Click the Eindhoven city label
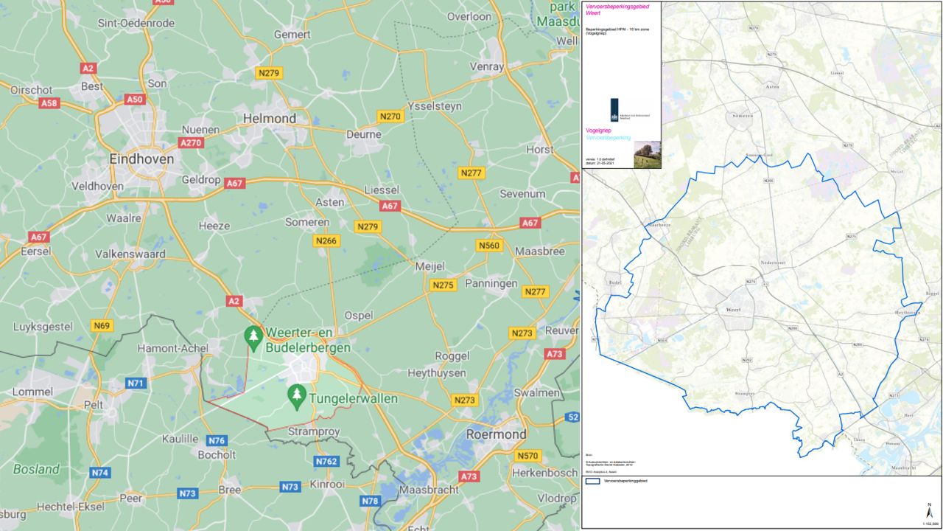141,159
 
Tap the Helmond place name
270,118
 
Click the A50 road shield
135,99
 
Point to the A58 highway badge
49,103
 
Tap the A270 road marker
191,143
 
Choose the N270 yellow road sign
390,116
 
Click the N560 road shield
488,246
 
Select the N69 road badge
102,325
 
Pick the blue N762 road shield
326,462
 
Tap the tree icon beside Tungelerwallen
297,395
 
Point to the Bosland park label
36,469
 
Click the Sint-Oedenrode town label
136,23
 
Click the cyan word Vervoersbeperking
608,138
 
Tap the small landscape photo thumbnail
648,154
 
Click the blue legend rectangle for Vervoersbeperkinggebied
593,481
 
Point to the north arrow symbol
930,510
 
